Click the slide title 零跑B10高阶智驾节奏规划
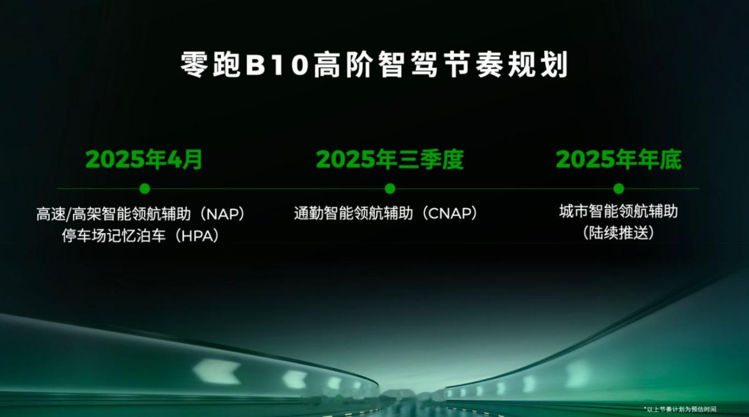coord(374,65)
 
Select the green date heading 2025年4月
coord(144,160)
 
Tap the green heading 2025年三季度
coord(390,160)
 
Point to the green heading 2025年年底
coord(619,160)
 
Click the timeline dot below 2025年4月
coord(145,189)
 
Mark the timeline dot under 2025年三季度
coord(390,189)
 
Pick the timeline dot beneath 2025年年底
coord(619,189)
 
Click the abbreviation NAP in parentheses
coord(224,214)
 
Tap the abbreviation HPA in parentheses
coord(198,236)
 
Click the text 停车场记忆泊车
coord(114,236)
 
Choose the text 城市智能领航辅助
coord(619,212)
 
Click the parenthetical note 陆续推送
coord(619,233)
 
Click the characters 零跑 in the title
coord(210,65)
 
